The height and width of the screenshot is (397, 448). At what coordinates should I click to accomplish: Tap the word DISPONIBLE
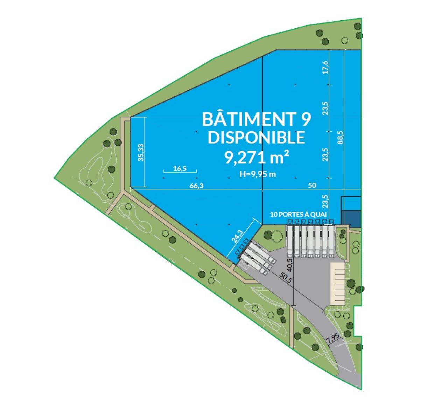tap(256, 137)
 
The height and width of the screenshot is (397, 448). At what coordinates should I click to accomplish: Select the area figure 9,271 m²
tap(256, 158)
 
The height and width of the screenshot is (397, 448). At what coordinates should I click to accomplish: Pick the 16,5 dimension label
tap(180, 168)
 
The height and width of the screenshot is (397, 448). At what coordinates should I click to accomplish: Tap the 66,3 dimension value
tap(196, 186)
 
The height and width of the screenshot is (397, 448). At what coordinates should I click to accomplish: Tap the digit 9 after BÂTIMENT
tap(305, 119)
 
